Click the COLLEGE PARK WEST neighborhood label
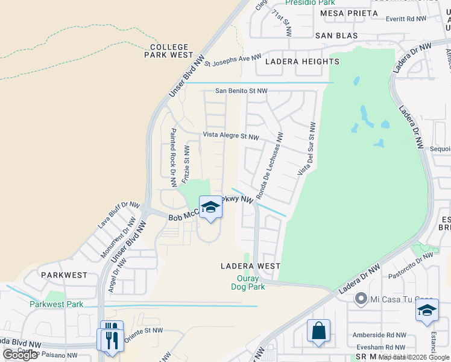coord(169,51)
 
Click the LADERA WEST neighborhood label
coord(250,266)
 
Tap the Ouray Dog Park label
coord(250,282)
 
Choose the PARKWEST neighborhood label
coord(64,275)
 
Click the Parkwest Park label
coord(57,304)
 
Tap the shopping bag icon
coord(318,332)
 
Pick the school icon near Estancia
coord(427,312)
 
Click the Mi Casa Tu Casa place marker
coord(361,298)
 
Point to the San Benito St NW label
coord(242,91)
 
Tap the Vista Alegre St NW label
coord(231,136)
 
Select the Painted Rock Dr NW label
coord(173,156)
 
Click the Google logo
coord(20,355)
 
